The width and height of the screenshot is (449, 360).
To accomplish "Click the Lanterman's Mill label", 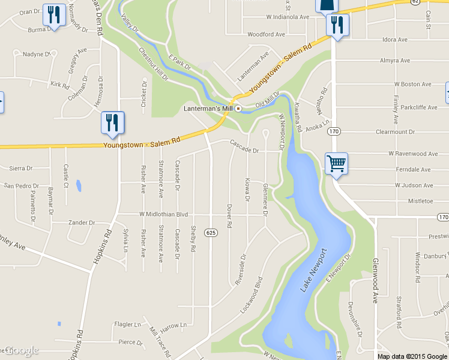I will tap(207, 109).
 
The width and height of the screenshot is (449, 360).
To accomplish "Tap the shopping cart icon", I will tap(336, 163).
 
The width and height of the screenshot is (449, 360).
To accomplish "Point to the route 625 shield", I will tap(209, 232).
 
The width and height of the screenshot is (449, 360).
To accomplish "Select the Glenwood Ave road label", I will tap(376, 281).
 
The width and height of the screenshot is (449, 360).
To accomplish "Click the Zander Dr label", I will tap(82, 223).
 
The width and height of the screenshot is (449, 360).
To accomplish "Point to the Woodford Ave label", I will tap(266, 35).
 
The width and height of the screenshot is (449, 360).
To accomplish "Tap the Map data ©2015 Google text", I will tap(411, 356).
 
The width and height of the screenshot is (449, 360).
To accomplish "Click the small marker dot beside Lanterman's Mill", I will tap(238, 109).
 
